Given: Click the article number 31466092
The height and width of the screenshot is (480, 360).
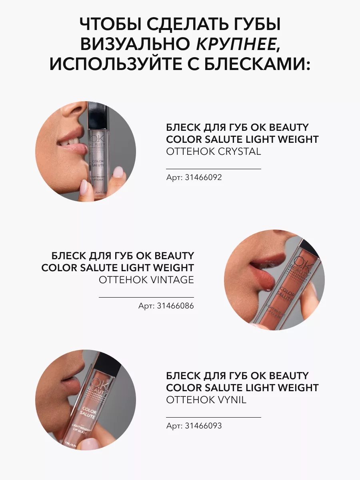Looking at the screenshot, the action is point(203,177).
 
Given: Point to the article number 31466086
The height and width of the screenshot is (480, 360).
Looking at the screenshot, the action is point(175,306).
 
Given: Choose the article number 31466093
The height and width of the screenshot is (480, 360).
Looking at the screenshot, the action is point(203,426).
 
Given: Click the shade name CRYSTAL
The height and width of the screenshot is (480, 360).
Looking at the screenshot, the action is point(239,151).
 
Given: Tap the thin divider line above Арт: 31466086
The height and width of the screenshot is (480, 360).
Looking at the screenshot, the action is point(146,298).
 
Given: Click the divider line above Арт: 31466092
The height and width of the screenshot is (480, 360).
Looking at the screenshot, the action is point(214,169).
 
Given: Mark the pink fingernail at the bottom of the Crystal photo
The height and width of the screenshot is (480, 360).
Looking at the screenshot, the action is point(84,188).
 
